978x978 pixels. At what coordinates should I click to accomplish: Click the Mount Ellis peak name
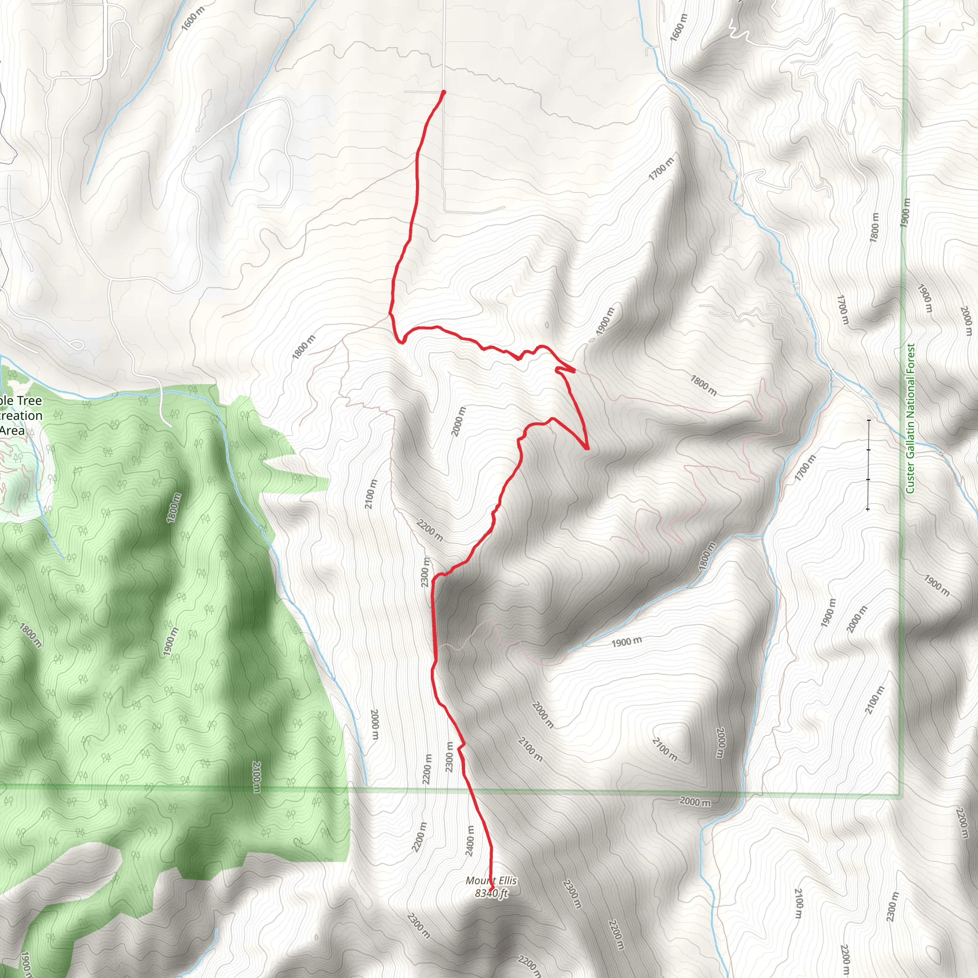491,881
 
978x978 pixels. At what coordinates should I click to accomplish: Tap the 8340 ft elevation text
491,893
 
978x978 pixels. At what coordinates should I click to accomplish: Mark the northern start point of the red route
444,92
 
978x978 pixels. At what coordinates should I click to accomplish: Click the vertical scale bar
868,464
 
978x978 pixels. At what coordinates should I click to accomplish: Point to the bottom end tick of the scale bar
868,509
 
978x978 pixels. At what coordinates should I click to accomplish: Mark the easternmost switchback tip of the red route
587,448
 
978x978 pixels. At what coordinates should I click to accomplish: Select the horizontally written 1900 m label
626,642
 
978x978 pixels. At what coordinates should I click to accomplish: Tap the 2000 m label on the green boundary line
694,802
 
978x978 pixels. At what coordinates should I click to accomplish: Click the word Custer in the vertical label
910,476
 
